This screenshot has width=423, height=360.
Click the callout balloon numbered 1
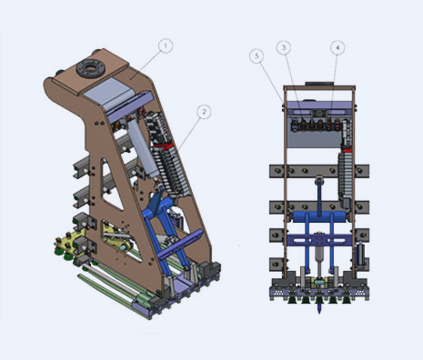(x=165, y=45)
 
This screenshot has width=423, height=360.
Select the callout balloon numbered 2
(x=205, y=111)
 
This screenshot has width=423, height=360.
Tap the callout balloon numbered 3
(x=284, y=46)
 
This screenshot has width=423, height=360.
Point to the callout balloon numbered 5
(x=257, y=56)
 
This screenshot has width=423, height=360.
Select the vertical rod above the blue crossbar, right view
(x=320, y=205)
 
